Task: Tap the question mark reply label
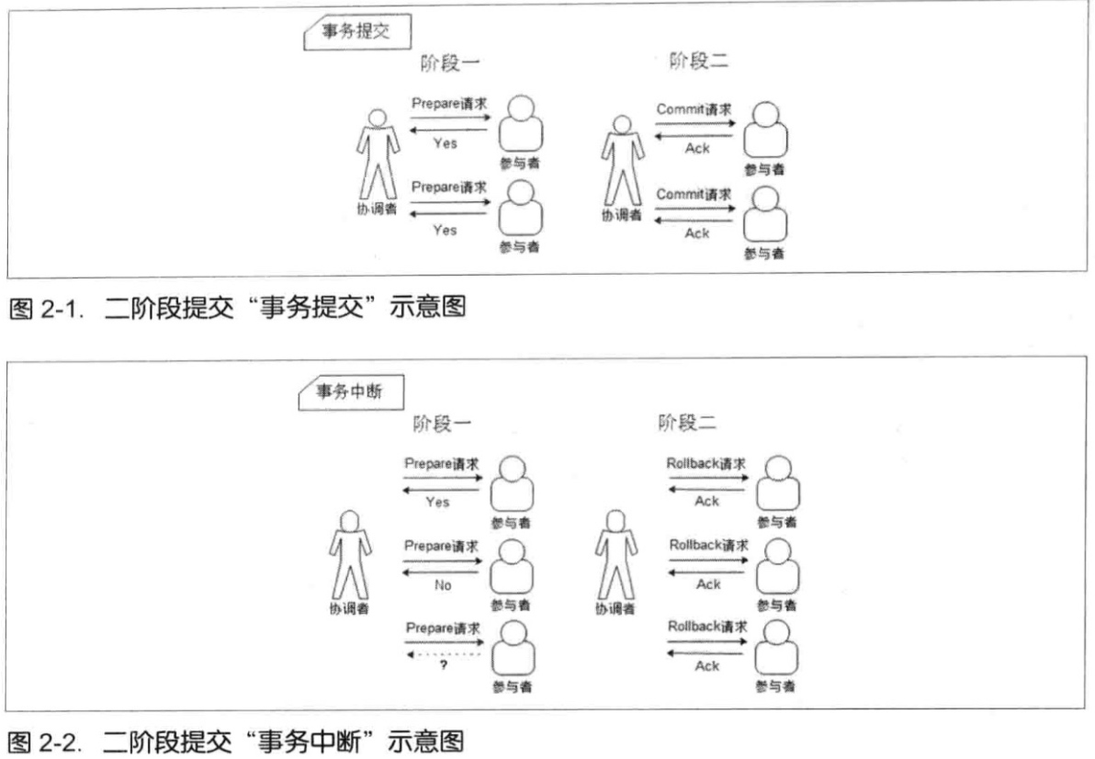click(443, 665)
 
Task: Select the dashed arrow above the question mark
click(442, 653)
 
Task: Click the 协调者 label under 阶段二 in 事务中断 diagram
click(614, 608)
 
